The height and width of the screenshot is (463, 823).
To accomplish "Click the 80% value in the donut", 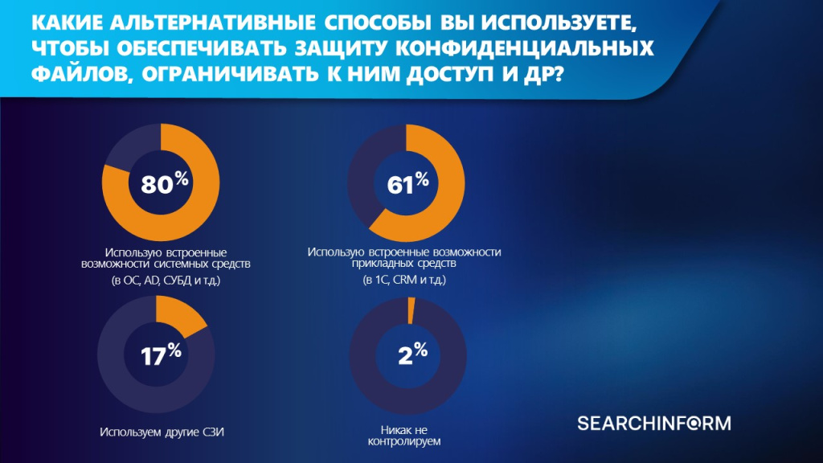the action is coord(164,184).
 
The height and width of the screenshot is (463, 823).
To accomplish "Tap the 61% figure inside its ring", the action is coord(407,184).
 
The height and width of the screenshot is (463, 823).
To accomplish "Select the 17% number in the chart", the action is coord(161,354).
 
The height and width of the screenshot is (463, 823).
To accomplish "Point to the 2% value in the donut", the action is coord(412,354).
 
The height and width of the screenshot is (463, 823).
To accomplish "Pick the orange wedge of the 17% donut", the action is coord(178,315).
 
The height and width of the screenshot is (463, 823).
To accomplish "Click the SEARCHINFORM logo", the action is coord(654,423).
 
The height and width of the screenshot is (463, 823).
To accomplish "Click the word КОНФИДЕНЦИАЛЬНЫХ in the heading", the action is coord(524,47).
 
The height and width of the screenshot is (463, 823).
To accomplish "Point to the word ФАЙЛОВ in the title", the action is coord(79,74).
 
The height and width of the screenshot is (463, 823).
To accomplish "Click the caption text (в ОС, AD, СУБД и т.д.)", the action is coord(166,281).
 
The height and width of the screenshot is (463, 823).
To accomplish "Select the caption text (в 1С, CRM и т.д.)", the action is coord(404,280).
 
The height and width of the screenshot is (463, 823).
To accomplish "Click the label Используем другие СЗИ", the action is coord(162,432).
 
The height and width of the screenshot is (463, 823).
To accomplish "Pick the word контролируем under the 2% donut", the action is coord(404,441).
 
